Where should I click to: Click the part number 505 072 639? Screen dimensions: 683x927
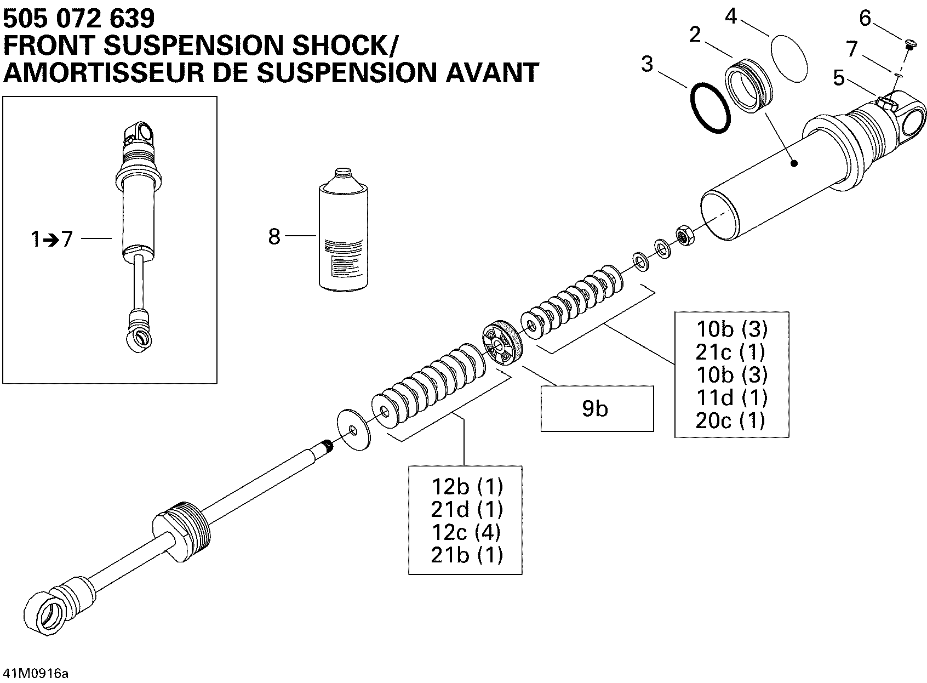click(x=79, y=19)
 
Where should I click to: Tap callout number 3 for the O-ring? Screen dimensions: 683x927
click(x=647, y=64)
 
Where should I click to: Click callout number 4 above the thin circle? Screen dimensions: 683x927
click(x=730, y=16)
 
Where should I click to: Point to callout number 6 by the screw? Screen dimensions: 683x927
click(x=865, y=19)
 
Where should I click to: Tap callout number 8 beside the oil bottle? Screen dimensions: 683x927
click(x=274, y=237)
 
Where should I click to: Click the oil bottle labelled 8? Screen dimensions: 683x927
click(x=343, y=231)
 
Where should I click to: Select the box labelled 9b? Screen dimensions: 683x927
click(x=597, y=409)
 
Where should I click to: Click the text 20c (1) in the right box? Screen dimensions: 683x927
click(x=730, y=420)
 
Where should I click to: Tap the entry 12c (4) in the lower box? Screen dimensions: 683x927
click(x=466, y=532)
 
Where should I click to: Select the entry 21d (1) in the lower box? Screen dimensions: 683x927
click(x=466, y=509)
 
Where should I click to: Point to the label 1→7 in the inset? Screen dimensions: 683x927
click(x=51, y=240)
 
